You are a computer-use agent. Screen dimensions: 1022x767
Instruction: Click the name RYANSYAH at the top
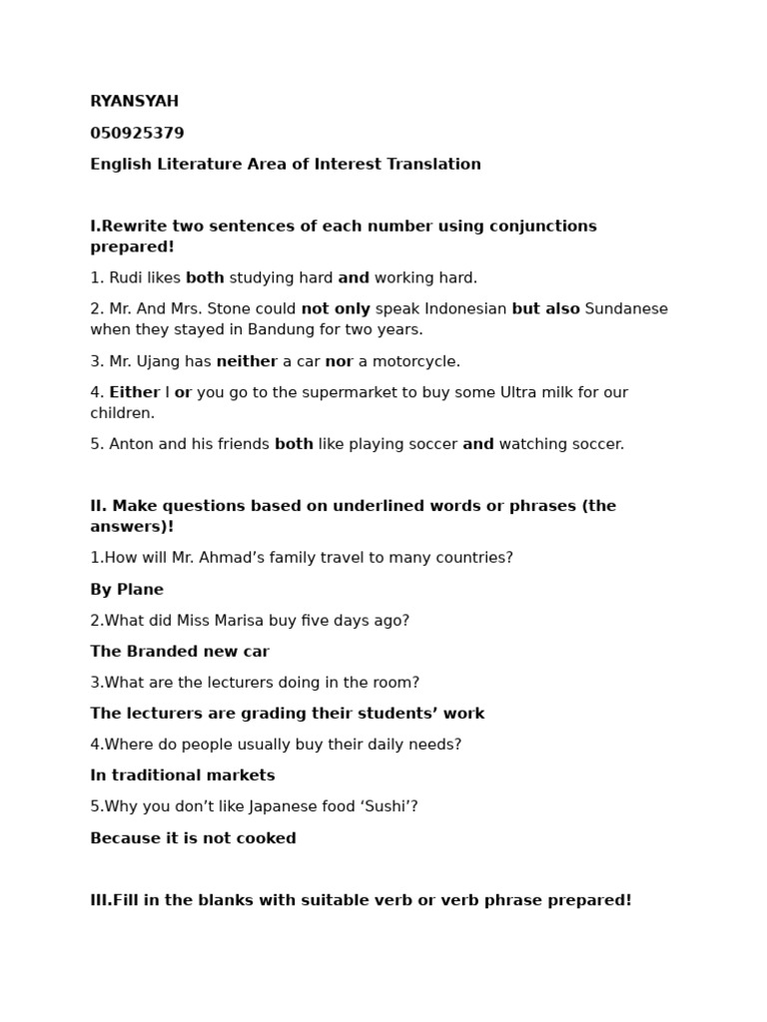(135, 102)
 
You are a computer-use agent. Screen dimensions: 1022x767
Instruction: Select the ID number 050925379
(137, 133)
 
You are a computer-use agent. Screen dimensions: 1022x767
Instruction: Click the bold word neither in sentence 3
(247, 361)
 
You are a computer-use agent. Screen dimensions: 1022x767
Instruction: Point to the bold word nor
(340, 361)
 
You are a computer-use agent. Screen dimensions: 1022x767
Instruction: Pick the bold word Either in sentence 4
(135, 392)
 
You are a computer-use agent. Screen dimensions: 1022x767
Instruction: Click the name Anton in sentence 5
(132, 444)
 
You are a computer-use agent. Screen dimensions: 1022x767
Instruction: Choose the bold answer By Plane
(127, 589)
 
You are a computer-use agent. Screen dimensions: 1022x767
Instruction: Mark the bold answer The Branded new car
(180, 651)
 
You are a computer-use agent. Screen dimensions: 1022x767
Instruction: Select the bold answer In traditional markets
(183, 775)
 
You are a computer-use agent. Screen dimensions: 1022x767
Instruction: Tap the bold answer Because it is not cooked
(193, 838)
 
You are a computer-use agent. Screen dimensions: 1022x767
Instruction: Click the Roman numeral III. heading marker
(101, 900)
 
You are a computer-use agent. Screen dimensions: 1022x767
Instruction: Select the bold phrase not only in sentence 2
(336, 308)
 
